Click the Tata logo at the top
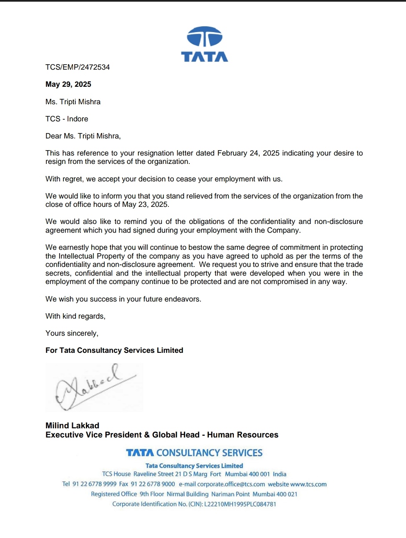click(204, 44)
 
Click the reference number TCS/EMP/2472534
click(78, 67)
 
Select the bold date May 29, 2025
click(68, 84)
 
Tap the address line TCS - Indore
click(67, 119)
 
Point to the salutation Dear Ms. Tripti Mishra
click(83, 136)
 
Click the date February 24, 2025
click(248, 153)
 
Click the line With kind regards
click(75, 316)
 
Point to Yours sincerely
click(72, 333)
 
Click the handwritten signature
click(94, 387)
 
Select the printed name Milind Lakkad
click(72, 425)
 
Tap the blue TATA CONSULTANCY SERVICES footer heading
click(194, 453)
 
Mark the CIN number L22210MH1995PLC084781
click(240, 504)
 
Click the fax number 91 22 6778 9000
click(153, 484)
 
